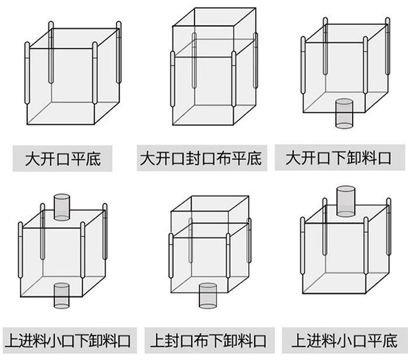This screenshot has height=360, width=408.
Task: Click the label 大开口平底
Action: click(x=63, y=159)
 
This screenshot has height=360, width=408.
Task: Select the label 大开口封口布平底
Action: click(x=201, y=158)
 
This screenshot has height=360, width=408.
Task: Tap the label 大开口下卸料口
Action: click(x=338, y=158)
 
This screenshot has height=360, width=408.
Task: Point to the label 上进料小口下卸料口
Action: click(x=68, y=341)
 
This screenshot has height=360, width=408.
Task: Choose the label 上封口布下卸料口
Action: click(x=208, y=341)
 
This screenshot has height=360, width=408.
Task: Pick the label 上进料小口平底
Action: click(x=344, y=340)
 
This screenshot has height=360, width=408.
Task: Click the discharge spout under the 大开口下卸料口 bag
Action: click(x=344, y=114)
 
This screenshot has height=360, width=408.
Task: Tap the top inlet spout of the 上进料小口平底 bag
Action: click(x=346, y=201)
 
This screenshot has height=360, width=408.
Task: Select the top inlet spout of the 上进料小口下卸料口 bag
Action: click(x=62, y=207)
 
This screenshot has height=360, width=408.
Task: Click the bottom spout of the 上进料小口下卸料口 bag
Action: click(x=61, y=296)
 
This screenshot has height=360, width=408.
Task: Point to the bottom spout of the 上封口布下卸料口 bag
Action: click(x=207, y=296)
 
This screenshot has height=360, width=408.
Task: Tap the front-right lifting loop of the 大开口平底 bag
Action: click(x=94, y=73)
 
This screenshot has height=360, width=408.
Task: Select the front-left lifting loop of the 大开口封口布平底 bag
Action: click(x=173, y=79)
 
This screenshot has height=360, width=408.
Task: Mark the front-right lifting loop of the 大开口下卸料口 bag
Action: click(x=365, y=65)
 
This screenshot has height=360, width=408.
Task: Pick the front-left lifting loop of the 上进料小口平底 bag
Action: click(x=303, y=246)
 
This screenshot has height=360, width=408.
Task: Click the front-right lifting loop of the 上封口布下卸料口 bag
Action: click(x=228, y=256)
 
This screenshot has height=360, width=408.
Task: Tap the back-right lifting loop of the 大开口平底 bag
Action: click(x=119, y=53)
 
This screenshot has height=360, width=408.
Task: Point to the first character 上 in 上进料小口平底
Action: click(x=298, y=341)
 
